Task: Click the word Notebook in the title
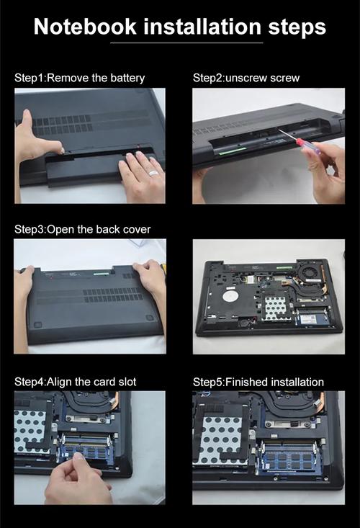point(85,27)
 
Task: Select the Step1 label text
point(30,78)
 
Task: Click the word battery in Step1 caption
point(127,79)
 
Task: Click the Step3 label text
point(30,230)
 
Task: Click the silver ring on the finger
point(153,173)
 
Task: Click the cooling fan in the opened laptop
point(307,270)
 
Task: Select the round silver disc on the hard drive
point(230,296)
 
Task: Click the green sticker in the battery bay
point(233,151)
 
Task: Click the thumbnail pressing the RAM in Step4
point(78,457)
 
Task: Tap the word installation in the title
point(202,27)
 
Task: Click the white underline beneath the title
point(186,42)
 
